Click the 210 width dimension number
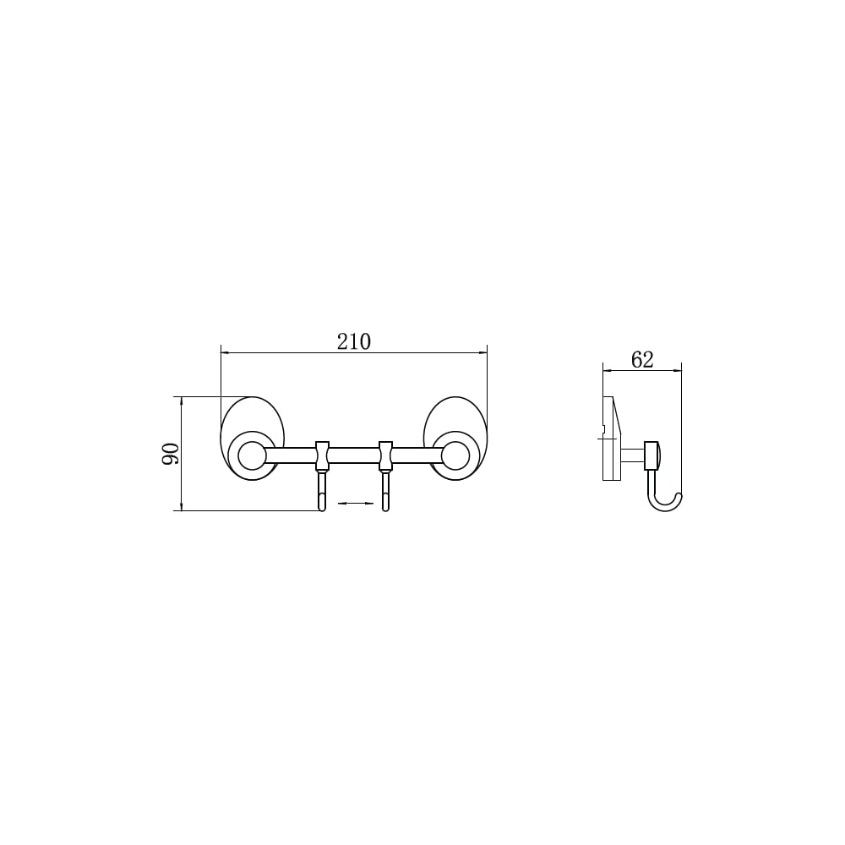[354, 342]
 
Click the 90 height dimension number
[171, 454]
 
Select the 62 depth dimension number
[642, 359]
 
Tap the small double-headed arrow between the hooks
[355, 504]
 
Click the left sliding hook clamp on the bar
[322, 455]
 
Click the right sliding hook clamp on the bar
[385, 455]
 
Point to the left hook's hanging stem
[322, 490]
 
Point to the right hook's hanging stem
[385, 490]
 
